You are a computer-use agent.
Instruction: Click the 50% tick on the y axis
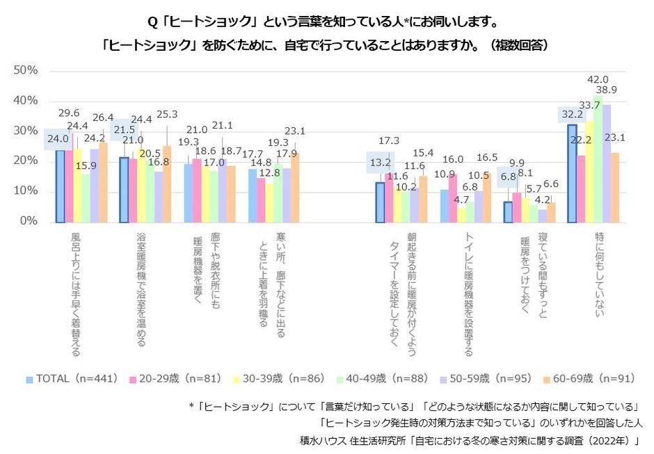[26, 71]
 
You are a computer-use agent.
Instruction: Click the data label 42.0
[598, 80]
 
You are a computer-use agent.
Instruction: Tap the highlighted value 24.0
[58, 138]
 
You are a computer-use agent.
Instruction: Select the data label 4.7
[462, 200]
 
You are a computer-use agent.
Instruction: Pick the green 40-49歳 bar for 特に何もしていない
[598, 159]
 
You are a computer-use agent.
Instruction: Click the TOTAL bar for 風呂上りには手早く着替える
[61, 186]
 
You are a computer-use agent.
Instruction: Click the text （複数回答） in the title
[519, 45]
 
